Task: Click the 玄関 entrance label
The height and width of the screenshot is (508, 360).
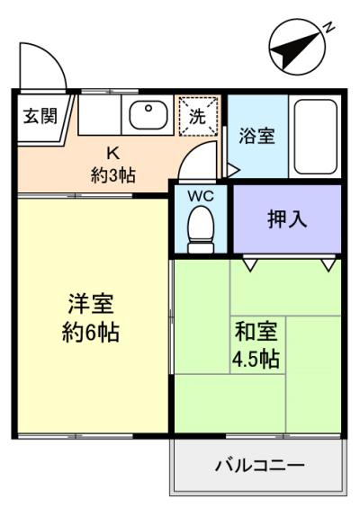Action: click(x=40, y=116)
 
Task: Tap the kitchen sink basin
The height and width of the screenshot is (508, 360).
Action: click(x=148, y=114)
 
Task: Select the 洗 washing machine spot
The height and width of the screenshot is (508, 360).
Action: click(x=197, y=116)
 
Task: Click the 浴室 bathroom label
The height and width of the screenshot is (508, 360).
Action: click(x=256, y=136)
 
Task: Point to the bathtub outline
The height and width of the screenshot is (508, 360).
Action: click(x=316, y=137)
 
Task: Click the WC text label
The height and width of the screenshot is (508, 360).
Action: click(x=201, y=196)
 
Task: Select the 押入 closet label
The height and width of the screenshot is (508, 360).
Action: click(x=287, y=219)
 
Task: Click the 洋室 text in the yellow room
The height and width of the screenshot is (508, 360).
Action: click(x=91, y=304)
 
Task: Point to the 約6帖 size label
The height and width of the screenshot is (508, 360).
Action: click(x=91, y=332)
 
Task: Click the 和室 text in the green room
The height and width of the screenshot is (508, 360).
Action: click(x=256, y=331)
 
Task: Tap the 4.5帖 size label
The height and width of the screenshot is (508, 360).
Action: click(x=256, y=359)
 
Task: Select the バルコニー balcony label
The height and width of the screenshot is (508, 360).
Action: click(x=260, y=466)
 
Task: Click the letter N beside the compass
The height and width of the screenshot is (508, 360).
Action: click(x=328, y=28)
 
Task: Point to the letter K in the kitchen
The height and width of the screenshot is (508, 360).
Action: click(x=113, y=153)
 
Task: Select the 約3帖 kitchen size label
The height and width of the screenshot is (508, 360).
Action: click(x=112, y=175)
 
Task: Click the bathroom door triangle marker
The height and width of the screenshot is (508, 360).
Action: click(x=233, y=170)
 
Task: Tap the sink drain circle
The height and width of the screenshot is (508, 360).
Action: click(x=148, y=108)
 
